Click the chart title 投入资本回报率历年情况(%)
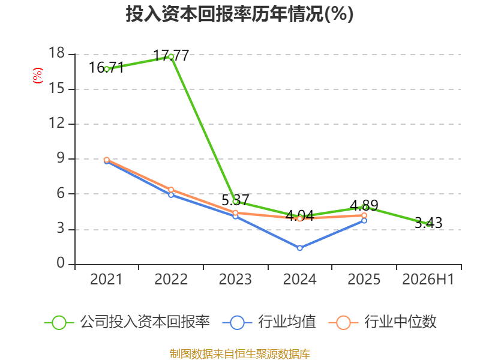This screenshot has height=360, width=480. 239,14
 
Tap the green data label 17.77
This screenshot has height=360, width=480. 171,56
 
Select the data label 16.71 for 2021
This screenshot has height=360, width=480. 107,68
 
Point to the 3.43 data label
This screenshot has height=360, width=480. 428,223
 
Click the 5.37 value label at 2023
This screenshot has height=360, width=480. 235,200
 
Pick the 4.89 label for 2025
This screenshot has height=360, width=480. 364,205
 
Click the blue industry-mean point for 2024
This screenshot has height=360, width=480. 299,248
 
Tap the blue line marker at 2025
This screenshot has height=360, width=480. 364,221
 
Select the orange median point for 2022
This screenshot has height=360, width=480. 171,190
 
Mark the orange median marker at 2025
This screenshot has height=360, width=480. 364,215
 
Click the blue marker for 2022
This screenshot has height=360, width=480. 171,195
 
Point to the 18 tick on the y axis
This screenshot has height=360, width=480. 56,53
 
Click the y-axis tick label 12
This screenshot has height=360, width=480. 56,123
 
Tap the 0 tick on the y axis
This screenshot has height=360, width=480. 61,263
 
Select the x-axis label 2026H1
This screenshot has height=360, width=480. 428,280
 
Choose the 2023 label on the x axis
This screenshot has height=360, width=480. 235,280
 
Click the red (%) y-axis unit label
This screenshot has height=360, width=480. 38,76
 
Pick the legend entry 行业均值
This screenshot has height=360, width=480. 269,322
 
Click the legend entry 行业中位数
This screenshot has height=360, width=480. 382,322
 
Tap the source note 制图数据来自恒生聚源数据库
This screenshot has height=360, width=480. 239,354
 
